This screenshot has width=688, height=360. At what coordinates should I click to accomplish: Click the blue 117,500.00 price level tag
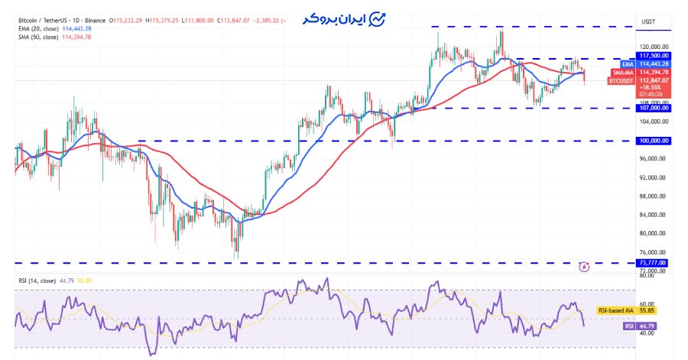coord(654,55)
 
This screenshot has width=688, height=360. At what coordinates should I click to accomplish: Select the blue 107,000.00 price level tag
coord(654,108)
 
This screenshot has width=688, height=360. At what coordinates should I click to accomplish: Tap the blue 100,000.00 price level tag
coord(654,141)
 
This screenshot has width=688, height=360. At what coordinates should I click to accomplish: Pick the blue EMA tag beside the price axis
coord(627,63)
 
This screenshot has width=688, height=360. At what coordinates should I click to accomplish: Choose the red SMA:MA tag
coord(623,72)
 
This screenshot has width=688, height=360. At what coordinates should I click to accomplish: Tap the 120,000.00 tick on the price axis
coord(654,46)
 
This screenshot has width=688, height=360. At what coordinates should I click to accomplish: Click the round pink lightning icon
coord(584,267)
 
